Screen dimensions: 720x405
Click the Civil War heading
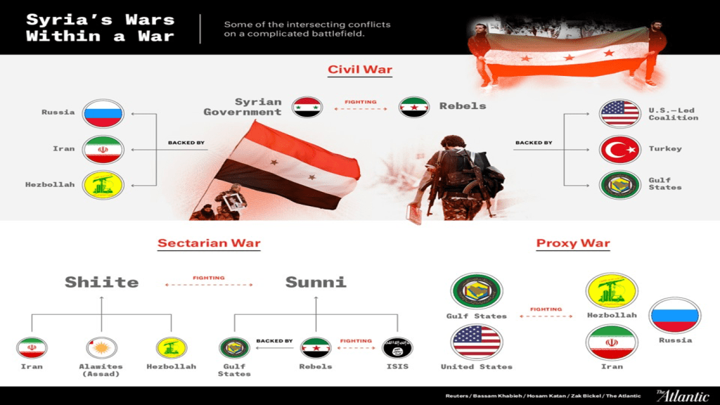[x=359, y=70]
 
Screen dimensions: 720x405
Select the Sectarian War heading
[x=209, y=243]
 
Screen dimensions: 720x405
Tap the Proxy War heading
[x=573, y=243]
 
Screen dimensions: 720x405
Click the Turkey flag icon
[x=619, y=150]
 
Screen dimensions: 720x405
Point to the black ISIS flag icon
[x=397, y=347]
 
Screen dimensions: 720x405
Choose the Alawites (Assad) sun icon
[x=101, y=347]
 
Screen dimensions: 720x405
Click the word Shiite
[x=101, y=282]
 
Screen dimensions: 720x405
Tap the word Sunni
[x=316, y=282]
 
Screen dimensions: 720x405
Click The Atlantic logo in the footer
[x=683, y=395]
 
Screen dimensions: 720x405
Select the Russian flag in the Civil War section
[x=103, y=113]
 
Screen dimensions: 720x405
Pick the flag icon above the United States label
[x=476, y=342]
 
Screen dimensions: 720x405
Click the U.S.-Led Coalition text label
[x=673, y=114]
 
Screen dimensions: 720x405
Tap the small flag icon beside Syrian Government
[x=307, y=108]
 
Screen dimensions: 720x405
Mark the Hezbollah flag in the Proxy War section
[x=612, y=291]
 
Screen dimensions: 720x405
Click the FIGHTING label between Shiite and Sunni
[x=209, y=278]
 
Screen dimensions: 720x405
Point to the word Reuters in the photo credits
[x=456, y=396]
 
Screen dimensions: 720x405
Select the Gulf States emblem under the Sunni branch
[x=234, y=347]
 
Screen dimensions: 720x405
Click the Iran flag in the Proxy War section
[x=612, y=342]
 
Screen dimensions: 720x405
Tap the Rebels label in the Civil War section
[x=463, y=106]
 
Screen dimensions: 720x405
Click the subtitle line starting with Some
[x=307, y=25]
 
